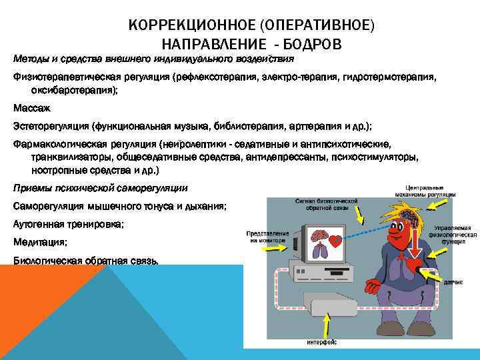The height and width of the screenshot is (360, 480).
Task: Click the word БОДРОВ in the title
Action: point(310,44)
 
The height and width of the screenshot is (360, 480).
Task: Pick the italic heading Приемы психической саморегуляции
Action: point(101,188)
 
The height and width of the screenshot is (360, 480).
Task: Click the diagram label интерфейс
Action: point(321,342)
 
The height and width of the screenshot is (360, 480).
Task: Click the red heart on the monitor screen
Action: point(335,241)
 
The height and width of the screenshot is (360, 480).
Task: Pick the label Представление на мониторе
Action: point(267,238)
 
